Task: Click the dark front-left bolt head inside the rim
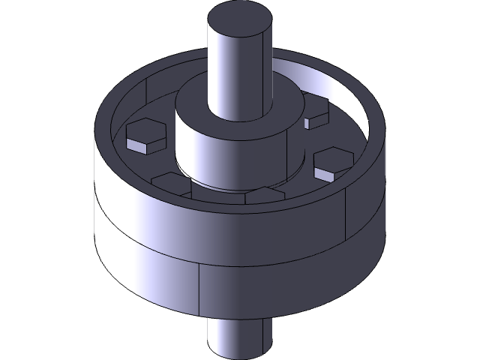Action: [171, 181]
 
